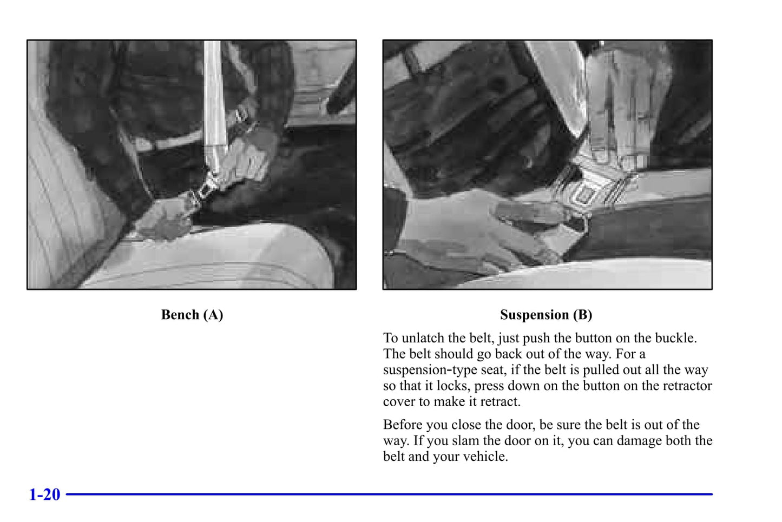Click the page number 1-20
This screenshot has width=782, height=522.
click(x=44, y=494)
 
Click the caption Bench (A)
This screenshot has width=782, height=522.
click(x=192, y=315)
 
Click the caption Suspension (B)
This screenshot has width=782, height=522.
click(x=546, y=315)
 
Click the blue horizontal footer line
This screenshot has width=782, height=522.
click(x=389, y=494)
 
